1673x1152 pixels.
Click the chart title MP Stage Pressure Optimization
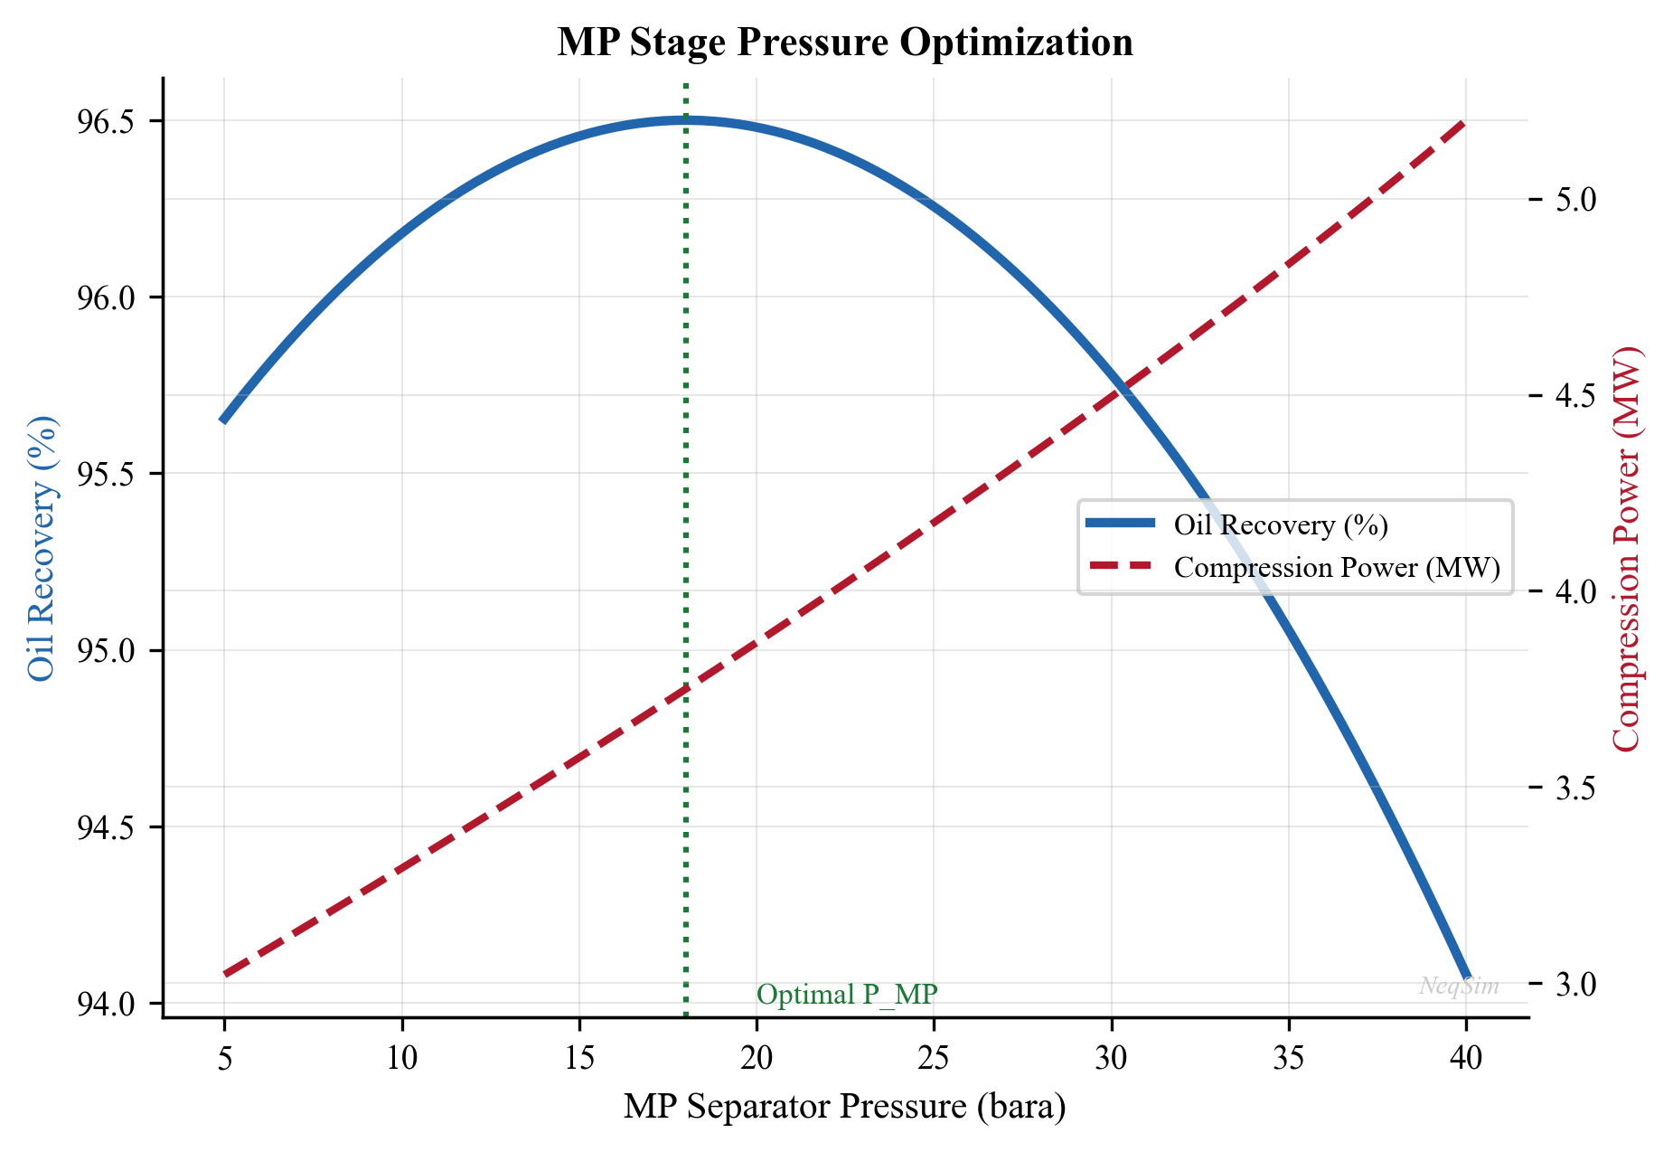tap(844, 42)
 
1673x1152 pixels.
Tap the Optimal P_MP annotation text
tap(847, 995)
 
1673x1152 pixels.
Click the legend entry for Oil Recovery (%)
tap(1280, 524)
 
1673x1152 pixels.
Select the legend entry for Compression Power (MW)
tap(1336, 567)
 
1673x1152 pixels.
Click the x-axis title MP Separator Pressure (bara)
tap(844, 1107)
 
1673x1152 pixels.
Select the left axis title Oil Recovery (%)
tap(42, 548)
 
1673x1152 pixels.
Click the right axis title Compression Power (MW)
tap(1626, 548)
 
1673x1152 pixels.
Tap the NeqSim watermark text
tap(1459, 986)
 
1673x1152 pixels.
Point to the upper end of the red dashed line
tap(1463, 123)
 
